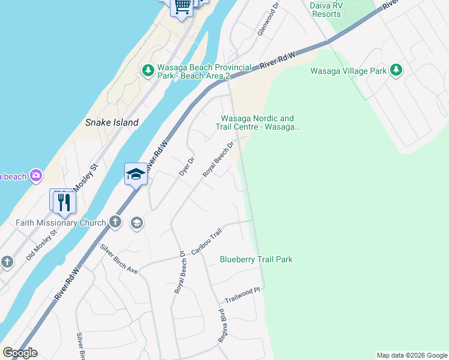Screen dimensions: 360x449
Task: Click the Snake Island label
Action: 112,122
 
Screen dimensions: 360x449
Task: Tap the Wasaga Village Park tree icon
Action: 396,70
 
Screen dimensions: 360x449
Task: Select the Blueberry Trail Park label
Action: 256,259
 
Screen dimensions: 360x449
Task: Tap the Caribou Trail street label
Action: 206,241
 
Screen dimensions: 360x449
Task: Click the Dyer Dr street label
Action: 187,166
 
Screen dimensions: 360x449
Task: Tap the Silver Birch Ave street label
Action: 119,259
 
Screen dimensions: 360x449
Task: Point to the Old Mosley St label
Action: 41,245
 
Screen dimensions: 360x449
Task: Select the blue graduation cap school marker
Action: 136,175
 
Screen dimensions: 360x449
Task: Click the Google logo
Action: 20,353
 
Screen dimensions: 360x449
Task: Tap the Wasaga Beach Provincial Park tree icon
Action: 148,71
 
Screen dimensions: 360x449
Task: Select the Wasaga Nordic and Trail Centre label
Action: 258,122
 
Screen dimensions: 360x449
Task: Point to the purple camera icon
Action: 36,175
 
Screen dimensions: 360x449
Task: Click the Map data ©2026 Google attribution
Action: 412,355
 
